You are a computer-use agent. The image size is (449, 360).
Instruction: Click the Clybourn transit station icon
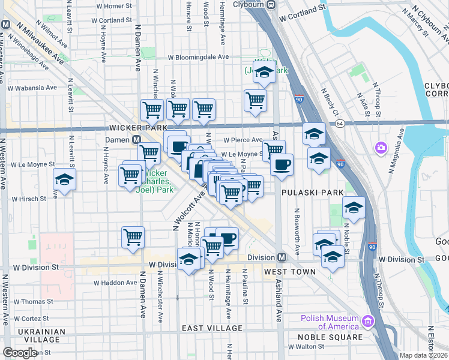coord(271,5)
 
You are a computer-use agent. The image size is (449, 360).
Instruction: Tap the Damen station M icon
coord(137,139)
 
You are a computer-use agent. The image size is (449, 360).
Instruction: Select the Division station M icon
coord(282,257)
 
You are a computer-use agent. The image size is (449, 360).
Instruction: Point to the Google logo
coord(20,353)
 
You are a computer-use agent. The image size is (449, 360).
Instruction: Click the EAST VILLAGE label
coord(212,328)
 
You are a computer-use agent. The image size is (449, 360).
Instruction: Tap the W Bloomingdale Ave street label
coord(199,58)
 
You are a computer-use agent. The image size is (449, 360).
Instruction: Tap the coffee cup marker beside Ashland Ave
coord(282,164)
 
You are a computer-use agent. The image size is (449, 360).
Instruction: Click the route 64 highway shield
coord(340,124)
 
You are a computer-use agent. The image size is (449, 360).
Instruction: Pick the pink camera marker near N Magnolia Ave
coord(381,148)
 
